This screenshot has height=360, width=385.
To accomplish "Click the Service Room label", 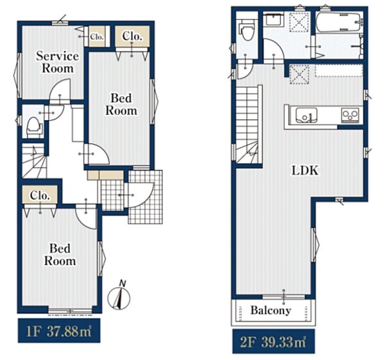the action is pyautogui.click(x=58, y=62).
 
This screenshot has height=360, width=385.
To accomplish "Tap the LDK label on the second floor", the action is pyautogui.click(x=305, y=170).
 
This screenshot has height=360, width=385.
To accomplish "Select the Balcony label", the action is pyautogui.click(x=271, y=311).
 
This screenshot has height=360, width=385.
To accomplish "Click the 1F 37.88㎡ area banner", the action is pyautogui.click(x=59, y=330).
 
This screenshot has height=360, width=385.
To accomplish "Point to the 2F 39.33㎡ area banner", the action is pyautogui.click(x=273, y=341).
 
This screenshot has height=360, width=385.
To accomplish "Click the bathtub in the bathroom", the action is pyautogui.click(x=339, y=22).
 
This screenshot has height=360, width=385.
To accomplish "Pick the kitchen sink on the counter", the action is pyautogui.click(x=306, y=115).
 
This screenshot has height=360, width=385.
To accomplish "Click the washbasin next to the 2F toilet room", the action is pyautogui.click(x=273, y=20).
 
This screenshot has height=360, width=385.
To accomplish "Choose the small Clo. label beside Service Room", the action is pyautogui.click(x=97, y=37).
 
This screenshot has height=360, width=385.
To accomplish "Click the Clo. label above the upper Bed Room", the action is pyautogui.click(x=132, y=36).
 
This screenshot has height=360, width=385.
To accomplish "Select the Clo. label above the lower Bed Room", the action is pyautogui.click(x=40, y=196).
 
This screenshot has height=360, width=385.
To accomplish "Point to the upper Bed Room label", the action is pyautogui.click(x=121, y=105).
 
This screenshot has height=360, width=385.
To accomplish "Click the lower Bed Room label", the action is pyautogui.click(x=60, y=255).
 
